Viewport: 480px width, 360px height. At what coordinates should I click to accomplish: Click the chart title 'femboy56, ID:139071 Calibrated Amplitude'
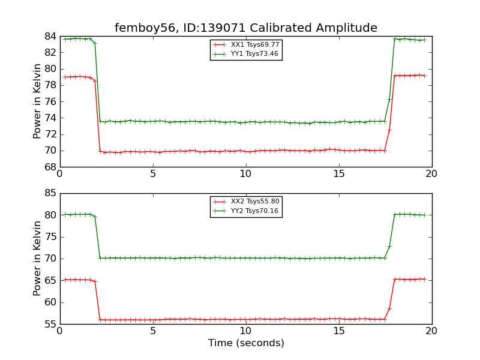(x=246, y=28)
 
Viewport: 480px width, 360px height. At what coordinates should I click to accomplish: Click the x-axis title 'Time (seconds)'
(x=246, y=343)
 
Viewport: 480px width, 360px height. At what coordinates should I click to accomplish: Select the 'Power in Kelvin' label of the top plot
(x=37, y=101)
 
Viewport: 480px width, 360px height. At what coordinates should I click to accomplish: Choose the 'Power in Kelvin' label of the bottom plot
(x=37, y=259)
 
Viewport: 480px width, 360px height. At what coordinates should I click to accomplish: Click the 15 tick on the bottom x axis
(x=339, y=331)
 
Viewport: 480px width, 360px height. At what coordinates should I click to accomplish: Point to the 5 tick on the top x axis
(x=153, y=174)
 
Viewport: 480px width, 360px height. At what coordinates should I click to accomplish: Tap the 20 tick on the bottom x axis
(x=431, y=331)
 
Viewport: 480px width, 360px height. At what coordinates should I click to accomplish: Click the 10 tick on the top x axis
(x=246, y=174)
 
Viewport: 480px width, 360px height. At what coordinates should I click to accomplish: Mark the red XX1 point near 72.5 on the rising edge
(x=389, y=130)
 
